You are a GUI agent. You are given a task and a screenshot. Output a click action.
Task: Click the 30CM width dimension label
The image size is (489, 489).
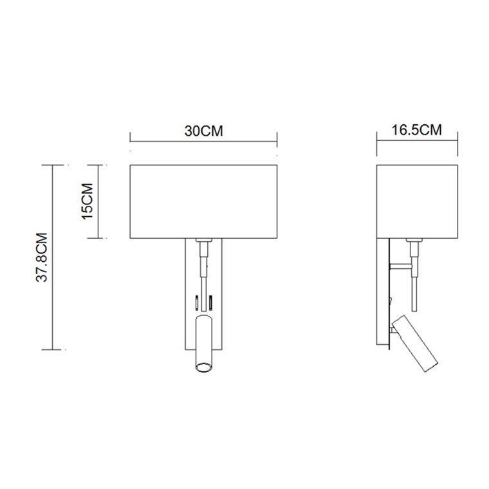(204, 131)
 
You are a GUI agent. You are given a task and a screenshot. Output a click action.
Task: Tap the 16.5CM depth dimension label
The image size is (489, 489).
(417, 130)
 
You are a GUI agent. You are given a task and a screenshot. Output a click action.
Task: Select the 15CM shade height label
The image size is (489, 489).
(88, 201)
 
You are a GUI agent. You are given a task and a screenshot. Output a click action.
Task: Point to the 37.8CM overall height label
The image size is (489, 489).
(42, 257)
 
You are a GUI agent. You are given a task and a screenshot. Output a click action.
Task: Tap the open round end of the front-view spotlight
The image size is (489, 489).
(204, 367)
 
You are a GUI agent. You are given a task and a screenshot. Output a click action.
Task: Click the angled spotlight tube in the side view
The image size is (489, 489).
(415, 344)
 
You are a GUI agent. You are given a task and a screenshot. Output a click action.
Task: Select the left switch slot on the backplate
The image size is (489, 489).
(197, 302)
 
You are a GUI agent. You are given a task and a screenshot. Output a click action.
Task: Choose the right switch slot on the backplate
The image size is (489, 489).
(211, 302)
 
